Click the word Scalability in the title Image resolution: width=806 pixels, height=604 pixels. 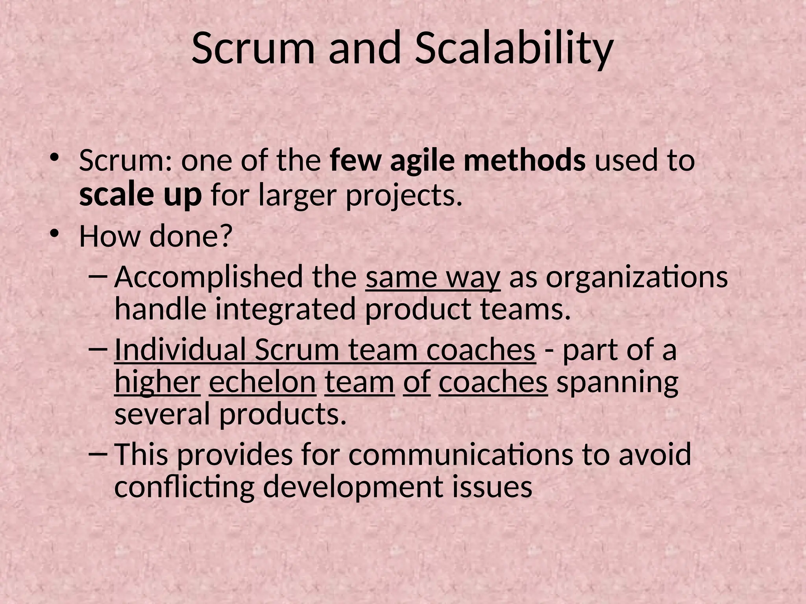[514, 49]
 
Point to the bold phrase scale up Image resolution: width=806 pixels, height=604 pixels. [140, 195]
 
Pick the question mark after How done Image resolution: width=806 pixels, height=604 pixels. [225, 236]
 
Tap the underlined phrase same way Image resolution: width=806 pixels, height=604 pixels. [433, 278]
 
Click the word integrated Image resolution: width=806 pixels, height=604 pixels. [285, 309]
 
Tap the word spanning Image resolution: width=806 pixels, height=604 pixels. [617, 383]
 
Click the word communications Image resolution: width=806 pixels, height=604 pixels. [460, 455]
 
